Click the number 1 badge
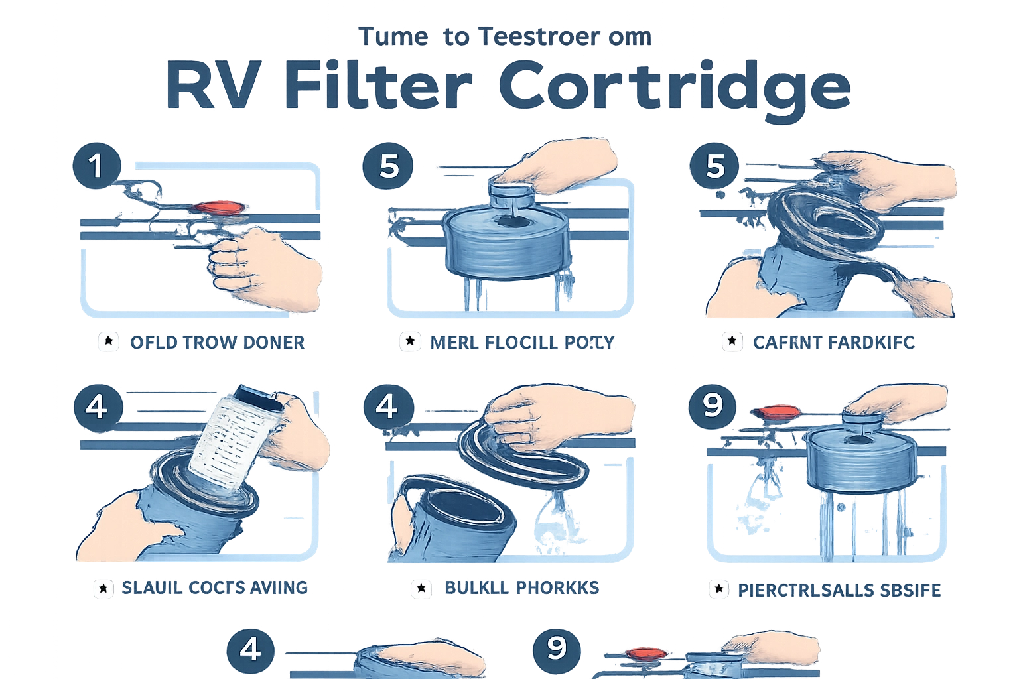tap(97, 165)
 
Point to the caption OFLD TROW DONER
tap(216, 342)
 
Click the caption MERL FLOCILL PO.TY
tap(522, 342)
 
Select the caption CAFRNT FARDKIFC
tap(833, 342)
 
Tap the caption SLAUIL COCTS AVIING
tap(214, 587)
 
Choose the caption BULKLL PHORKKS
tap(522, 587)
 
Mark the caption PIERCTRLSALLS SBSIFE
tap(839, 589)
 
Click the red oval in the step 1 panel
tap(218, 208)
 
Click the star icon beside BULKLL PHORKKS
tap(419, 588)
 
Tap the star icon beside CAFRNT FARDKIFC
tap(732, 341)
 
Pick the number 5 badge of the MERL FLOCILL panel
tap(389, 165)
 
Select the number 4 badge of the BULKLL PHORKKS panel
tap(387, 405)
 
